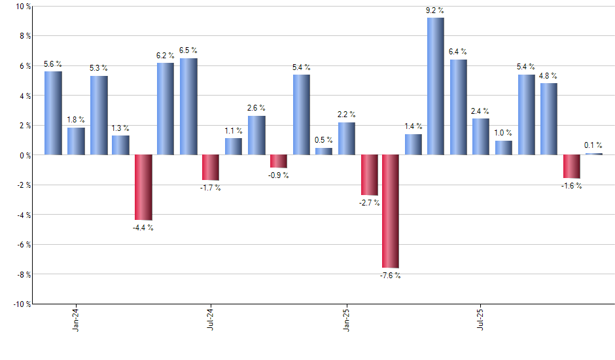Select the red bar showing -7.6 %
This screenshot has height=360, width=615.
(x=391, y=211)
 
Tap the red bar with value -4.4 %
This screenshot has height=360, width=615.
(x=143, y=187)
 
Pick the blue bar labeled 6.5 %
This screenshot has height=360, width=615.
(x=188, y=107)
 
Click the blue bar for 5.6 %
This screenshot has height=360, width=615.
(x=53, y=113)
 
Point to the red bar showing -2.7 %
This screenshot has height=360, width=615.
(x=369, y=175)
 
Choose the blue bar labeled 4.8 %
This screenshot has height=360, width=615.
(x=548, y=119)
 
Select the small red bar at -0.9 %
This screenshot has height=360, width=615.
(x=279, y=161)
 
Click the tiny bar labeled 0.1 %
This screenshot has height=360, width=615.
(x=594, y=154)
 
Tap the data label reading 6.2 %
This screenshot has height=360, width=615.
(x=166, y=56)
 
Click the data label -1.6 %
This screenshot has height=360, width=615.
(x=572, y=186)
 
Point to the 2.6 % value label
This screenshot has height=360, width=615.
(x=256, y=108)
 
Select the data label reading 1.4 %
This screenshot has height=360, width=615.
(x=413, y=126)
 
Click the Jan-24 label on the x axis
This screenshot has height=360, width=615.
(x=77, y=319)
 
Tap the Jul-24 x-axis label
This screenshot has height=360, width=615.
(x=211, y=319)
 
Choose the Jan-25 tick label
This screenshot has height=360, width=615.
(x=346, y=319)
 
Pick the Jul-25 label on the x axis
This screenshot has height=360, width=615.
(x=481, y=319)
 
